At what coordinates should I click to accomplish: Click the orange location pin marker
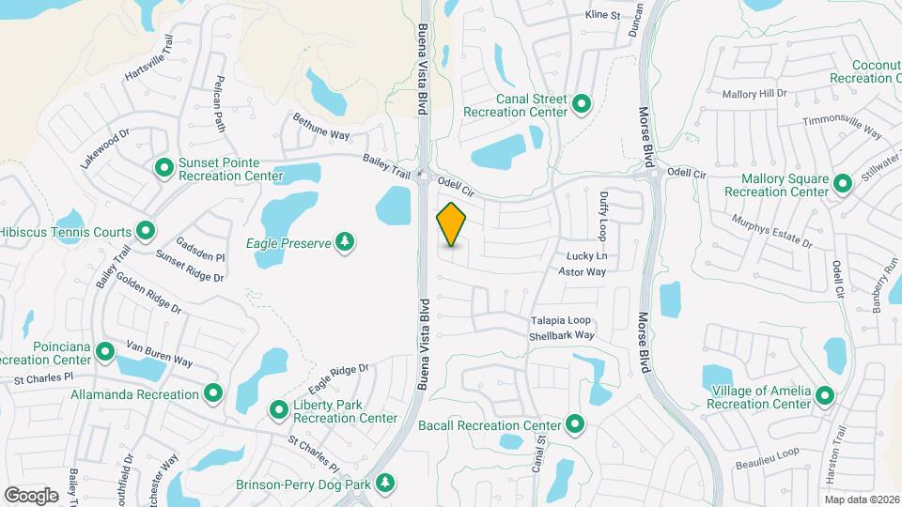(x=452, y=224)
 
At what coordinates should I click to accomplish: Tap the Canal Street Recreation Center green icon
(x=582, y=103)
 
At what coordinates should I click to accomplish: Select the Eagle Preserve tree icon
(x=346, y=243)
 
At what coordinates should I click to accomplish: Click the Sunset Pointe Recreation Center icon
(x=164, y=168)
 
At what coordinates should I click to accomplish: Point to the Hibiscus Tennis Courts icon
(x=146, y=230)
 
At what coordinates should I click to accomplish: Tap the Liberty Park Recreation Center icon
(x=279, y=410)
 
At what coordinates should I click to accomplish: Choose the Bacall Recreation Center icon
(x=575, y=426)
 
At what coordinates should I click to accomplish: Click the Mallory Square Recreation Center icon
(x=843, y=184)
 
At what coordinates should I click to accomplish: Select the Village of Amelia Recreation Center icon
(x=825, y=396)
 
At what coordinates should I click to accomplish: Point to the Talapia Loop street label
(x=560, y=320)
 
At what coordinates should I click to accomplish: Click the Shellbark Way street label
(x=562, y=335)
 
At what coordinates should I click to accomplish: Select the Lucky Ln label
(x=587, y=256)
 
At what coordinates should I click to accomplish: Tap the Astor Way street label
(x=583, y=271)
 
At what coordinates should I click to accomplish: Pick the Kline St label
(x=603, y=15)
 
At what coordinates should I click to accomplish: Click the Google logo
(x=31, y=495)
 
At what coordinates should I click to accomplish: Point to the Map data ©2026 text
(x=862, y=499)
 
